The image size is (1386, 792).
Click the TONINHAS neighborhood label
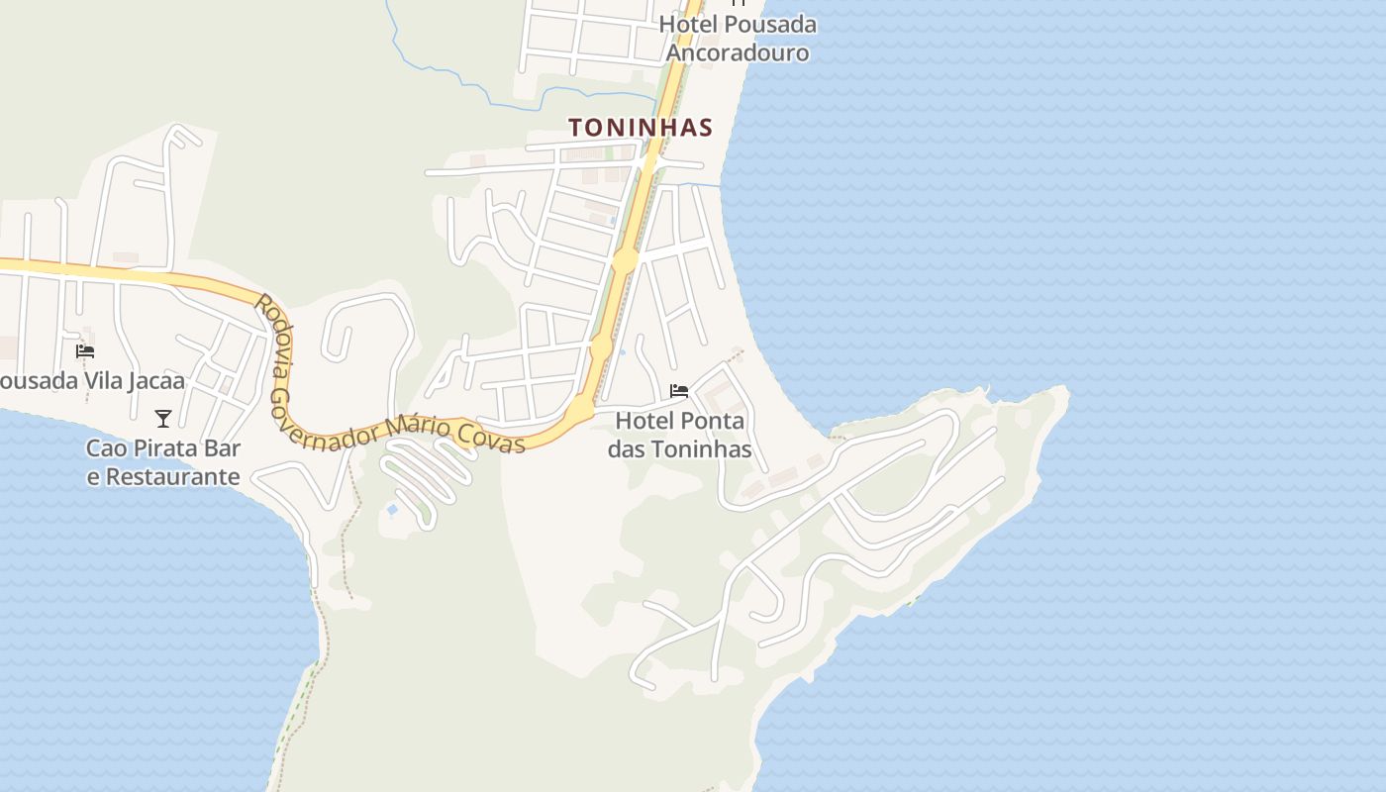click(641, 128)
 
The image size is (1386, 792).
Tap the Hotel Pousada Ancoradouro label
click(738, 38)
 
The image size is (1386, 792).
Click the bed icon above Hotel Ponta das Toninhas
click(679, 391)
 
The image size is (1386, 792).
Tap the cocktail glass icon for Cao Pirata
click(163, 419)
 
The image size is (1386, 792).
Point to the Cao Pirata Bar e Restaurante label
click(163, 462)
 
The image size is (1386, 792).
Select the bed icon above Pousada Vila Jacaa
click(85, 351)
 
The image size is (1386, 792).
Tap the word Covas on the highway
click(491, 437)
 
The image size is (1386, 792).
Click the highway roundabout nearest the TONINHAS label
click(625, 261)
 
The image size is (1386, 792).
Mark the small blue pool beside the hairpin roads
click(392, 510)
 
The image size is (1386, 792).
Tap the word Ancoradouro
click(738, 52)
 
